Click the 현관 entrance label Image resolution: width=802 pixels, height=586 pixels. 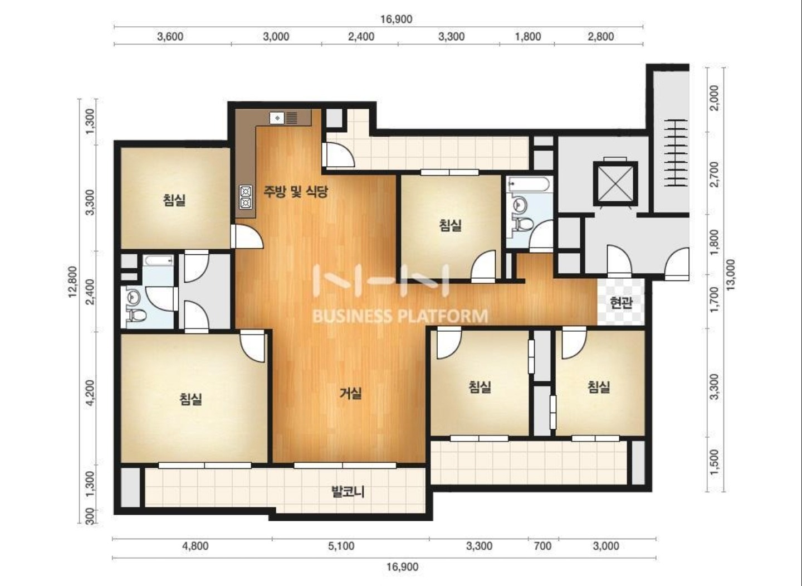621,303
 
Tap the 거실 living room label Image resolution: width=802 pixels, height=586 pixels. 350,394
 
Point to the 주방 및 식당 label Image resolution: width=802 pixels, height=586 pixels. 296,192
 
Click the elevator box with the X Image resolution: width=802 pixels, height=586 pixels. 615,184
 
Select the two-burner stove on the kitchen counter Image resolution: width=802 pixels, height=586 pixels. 246,197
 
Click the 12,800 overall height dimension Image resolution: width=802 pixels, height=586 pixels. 72,282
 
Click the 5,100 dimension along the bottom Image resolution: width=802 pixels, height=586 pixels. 341,546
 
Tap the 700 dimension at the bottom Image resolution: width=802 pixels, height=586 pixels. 542,546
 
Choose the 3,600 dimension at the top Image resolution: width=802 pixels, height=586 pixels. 170,36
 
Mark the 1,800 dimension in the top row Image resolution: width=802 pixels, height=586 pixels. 528,36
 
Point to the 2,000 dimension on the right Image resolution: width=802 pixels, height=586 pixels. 714,98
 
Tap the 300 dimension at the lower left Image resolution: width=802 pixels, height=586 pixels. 91,516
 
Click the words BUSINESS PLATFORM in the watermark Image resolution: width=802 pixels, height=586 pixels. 400,316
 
